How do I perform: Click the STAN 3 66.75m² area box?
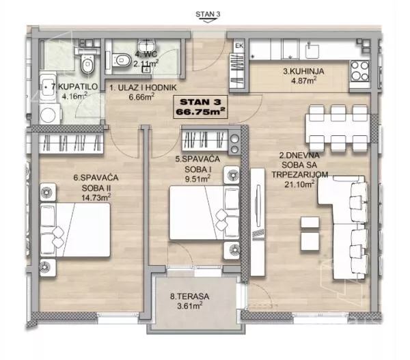pyautogui.click(x=200, y=107)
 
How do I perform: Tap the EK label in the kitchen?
pyautogui.click(x=239, y=46)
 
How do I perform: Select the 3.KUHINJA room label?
pyautogui.click(x=303, y=71)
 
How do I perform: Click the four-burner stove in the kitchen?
pyautogui.click(x=360, y=70)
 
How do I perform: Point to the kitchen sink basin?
pyautogui.click(x=312, y=51)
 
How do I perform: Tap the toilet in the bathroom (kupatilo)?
pyautogui.click(x=87, y=64)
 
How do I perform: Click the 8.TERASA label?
pyautogui.click(x=189, y=296)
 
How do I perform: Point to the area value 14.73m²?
pyautogui.click(x=96, y=197)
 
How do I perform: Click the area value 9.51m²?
pyautogui.click(x=197, y=179)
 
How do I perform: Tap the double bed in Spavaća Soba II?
pyautogui.click(x=75, y=230)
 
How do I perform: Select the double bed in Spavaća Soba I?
pyautogui.click(x=204, y=212)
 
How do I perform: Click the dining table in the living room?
pyautogui.click(x=338, y=128)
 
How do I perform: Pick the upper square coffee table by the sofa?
pyautogui.click(x=310, y=222)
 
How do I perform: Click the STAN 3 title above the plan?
pyautogui.click(x=208, y=14)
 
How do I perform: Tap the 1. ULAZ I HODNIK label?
pyautogui.click(x=143, y=88)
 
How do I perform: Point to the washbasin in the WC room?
pyautogui.click(x=147, y=46)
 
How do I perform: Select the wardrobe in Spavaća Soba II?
pyautogui.click(x=70, y=143)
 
